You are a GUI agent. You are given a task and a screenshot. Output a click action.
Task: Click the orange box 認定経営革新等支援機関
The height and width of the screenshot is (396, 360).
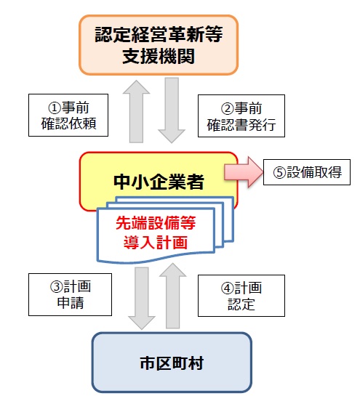point(159,45)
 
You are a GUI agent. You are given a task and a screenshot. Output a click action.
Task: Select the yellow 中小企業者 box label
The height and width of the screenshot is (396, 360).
point(159,182)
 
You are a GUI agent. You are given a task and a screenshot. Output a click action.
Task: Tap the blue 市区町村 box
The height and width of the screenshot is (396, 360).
point(172,362)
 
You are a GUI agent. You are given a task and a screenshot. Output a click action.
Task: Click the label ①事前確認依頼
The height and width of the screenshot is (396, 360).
point(68,115)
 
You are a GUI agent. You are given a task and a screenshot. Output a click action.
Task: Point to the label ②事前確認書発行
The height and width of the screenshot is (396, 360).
point(241,116)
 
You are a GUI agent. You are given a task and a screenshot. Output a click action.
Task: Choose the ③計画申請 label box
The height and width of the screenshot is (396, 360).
point(70,294)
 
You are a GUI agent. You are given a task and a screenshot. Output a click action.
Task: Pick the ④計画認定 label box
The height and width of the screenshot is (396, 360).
point(241,296)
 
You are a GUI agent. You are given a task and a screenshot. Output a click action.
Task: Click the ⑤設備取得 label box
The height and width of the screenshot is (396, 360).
point(307,172)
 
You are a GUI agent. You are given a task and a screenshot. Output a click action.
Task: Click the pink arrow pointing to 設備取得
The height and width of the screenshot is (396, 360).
point(244,172)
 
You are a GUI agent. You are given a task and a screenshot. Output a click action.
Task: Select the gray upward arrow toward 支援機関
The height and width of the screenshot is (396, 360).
point(136,112)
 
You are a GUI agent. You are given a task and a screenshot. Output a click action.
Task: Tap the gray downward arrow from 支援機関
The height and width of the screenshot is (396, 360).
point(172,110)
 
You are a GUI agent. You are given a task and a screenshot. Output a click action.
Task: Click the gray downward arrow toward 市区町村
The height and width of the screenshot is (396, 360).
point(142,299)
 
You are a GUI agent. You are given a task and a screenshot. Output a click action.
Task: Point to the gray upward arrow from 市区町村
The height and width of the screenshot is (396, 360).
point(173,296)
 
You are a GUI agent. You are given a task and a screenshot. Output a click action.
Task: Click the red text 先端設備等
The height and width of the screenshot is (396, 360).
point(156,223)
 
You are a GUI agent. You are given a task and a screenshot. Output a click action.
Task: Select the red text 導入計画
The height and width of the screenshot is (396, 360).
point(156,242)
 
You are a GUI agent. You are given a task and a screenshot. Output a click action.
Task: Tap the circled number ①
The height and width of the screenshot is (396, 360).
point(55,108)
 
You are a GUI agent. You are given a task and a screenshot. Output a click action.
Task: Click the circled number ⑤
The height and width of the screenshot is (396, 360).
point(279,172)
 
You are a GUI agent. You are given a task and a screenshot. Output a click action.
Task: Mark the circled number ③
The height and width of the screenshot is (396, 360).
point(57,286)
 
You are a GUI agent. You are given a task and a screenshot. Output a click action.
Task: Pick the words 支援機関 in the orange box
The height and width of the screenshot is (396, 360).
point(159,56)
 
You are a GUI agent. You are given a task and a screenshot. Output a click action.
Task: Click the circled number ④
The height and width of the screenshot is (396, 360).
point(228,288)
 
